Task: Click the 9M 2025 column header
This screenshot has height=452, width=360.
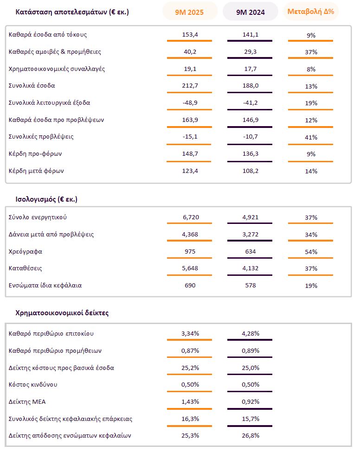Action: pos(189,12)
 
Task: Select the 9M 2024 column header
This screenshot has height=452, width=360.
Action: pos(250,12)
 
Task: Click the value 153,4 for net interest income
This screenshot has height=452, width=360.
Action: pos(189,35)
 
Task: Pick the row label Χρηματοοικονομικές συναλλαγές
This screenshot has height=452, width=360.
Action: pos(57,69)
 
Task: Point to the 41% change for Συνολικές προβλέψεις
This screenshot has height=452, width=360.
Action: pos(311,137)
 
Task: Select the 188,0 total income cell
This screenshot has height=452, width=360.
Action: pos(250,86)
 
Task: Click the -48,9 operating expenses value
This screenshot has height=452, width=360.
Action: pos(189,103)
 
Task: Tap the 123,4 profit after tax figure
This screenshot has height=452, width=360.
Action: pos(189,171)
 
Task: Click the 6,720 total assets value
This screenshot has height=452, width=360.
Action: pos(189,217)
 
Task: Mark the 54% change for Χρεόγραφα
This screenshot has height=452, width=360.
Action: pos(311,252)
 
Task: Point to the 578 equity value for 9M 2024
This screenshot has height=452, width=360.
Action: pos(250,286)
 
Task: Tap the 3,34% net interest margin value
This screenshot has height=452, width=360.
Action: pos(189,334)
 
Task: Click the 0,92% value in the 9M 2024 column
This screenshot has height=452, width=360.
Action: pos(250,401)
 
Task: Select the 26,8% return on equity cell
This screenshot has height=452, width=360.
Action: pos(250,436)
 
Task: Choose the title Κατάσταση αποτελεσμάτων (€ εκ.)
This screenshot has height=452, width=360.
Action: pos(72,12)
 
